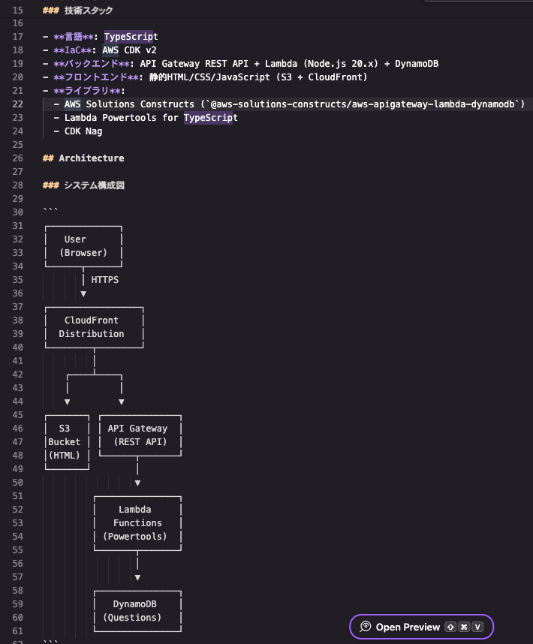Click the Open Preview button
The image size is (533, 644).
click(x=421, y=627)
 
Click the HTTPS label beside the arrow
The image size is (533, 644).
click(x=104, y=280)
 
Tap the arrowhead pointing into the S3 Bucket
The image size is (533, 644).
click(x=68, y=402)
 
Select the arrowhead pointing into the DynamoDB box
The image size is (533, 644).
click(x=137, y=578)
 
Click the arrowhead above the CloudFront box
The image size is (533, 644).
click(x=83, y=294)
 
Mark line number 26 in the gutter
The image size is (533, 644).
click(x=18, y=158)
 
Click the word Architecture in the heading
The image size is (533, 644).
click(x=91, y=158)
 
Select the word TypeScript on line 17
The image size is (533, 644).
click(x=131, y=37)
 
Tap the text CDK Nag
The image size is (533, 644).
click(x=83, y=131)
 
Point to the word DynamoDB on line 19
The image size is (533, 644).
click(x=417, y=64)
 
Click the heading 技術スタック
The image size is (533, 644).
click(x=89, y=11)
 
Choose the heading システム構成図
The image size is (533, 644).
click(x=94, y=185)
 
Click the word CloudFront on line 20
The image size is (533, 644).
click(x=335, y=77)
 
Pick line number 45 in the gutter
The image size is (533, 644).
click(x=18, y=415)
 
